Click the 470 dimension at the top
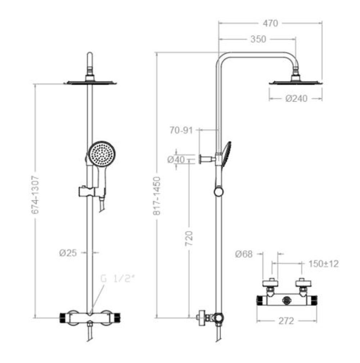pyautogui.click(x=270, y=23)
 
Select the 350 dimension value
pyautogui.click(x=258, y=39)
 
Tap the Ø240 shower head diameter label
pyautogui.click(x=297, y=98)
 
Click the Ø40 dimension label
pyautogui.click(x=176, y=159)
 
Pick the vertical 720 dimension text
pyautogui.click(x=190, y=238)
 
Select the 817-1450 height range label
pyautogui.click(x=157, y=196)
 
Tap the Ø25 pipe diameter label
pyautogui.click(x=68, y=253)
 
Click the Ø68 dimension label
pyautogui.click(x=244, y=254)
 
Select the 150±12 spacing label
pyautogui.click(x=323, y=264)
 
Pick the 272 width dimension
pyautogui.click(x=287, y=321)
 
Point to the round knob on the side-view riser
pyautogui.click(x=219, y=192)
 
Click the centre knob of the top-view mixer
pyautogui.click(x=287, y=299)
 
